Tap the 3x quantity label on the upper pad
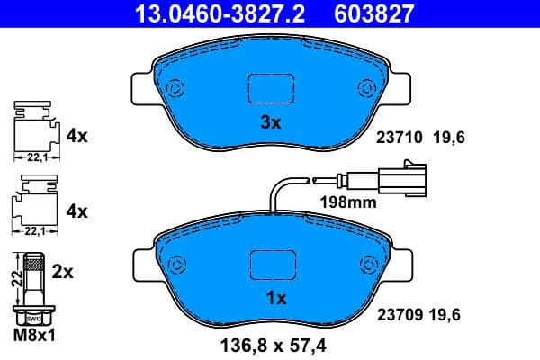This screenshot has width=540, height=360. [270, 124]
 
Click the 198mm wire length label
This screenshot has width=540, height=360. [348, 202]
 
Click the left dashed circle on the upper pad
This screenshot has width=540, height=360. [175, 88]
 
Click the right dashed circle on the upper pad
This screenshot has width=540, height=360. [366, 88]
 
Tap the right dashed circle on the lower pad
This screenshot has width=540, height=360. [366, 265]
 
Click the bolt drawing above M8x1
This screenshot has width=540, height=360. [34, 288]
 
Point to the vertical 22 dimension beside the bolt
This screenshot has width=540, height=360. [14, 279]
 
